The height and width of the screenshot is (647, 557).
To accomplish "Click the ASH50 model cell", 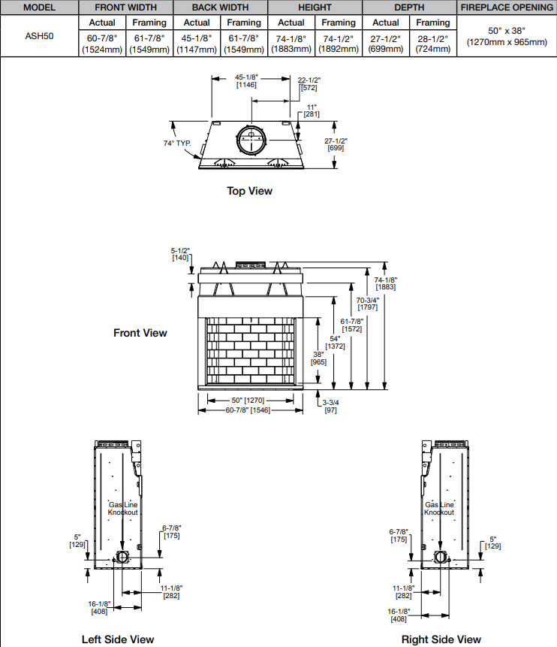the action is click(x=39, y=36).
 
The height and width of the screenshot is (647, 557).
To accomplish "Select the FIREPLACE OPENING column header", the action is click(x=507, y=8).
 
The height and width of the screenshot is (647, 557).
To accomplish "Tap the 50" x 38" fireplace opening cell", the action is click(x=507, y=36).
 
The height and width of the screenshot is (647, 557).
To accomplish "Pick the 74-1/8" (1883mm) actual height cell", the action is click(x=291, y=44).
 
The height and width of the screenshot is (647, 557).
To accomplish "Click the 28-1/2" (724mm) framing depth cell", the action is click(x=433, y=44).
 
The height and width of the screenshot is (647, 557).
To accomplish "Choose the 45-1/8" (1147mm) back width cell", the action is click(x=197, y=44).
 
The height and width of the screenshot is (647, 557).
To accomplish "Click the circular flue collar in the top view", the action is click(x=251, y=140).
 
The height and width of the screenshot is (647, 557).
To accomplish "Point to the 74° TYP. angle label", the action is click(x=177, y=144).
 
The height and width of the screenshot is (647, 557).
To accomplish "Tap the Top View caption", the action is click(x=249, y=191).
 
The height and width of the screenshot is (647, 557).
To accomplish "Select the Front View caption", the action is click(x=140, y=333).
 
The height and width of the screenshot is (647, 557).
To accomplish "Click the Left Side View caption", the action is click(x=118, y=639).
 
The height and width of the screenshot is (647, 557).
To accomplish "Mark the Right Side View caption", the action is click(x=441, y=639).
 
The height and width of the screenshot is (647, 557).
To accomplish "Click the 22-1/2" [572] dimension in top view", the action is click(x=309, y=83).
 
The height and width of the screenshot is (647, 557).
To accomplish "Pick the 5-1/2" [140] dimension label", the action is click(x=180, y=254).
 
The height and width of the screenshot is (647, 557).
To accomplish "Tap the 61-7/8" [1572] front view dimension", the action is click(x=351, y=325).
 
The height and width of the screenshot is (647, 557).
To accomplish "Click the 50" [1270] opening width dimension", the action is click(x=248, y=401).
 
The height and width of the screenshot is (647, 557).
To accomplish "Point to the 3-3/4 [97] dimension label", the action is click(x=330, y=406).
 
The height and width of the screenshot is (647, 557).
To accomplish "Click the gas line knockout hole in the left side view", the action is click(x=122, y=557).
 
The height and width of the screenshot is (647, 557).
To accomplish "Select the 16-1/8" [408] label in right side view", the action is click(x=399, y=615).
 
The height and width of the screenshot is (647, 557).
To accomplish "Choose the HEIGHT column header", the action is click(x=315, y=8).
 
